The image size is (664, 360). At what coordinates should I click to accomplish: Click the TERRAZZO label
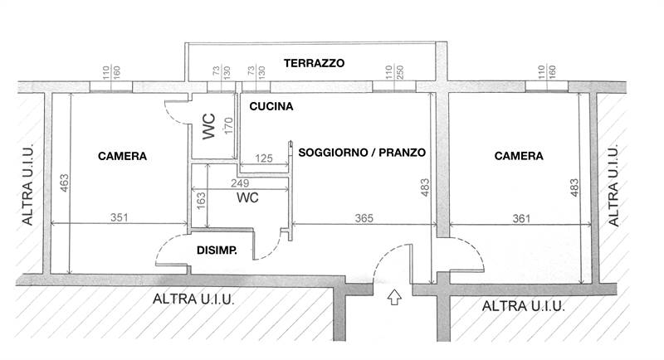coord(314,63)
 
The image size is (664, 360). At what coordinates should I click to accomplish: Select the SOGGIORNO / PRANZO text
coord(361,153)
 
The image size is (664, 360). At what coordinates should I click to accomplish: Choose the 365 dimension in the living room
coord(364,218)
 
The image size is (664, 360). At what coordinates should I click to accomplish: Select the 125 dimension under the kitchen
coord(264,158)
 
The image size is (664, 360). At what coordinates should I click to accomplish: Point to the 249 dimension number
coord(240,183)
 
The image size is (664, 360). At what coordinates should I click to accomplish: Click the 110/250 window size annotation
coord(390,74)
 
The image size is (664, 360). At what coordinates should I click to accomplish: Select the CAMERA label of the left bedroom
coord(122,156)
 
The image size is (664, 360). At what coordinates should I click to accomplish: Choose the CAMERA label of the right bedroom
coord(519,156)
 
